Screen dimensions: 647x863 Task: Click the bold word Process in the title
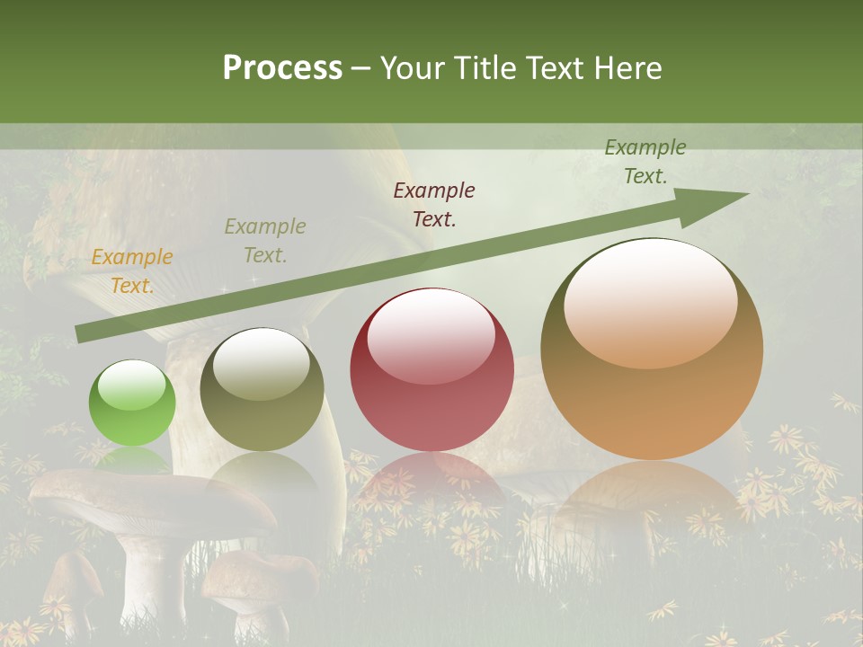(282, 68)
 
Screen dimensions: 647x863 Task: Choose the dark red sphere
(431, 369)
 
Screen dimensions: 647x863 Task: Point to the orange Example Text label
(132, 271)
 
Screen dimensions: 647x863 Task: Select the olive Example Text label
(265, 241)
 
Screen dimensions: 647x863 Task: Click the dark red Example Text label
(434, 204)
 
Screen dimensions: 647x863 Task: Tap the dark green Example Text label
(645, 162)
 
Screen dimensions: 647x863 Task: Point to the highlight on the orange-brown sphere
(650, 301)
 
